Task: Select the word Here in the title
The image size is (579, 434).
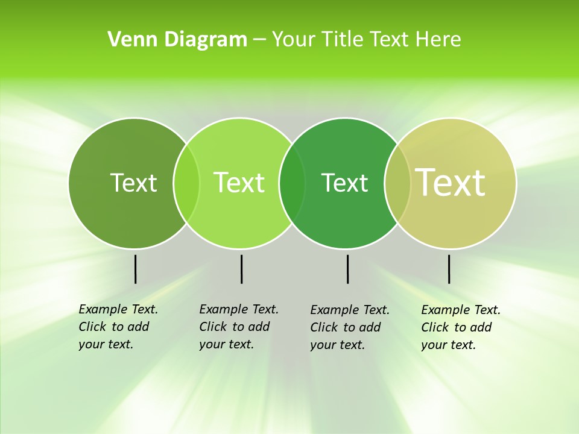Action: tap(438, 40)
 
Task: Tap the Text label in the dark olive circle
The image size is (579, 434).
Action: tap(133, 183)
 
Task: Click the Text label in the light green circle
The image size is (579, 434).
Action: tap(239, 183)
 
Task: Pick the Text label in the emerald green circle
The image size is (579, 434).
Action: tap(344, 183)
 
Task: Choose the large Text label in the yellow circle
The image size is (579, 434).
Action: tap(451, 183)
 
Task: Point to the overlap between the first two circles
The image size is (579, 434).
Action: tap(186, 183)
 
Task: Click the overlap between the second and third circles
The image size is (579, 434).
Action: tap(292, 183)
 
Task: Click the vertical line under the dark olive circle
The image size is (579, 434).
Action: tap(135, 269)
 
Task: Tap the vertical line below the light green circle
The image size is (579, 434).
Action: tap(241, 269)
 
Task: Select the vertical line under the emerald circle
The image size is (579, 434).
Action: tap(347, 269)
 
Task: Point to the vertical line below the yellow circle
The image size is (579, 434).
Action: tap(449, 269)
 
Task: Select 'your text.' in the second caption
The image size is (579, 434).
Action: tap(226, 344)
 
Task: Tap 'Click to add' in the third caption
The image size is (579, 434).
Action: tap(346, 327)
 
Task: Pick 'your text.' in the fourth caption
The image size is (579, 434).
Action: tap(448, 345)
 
